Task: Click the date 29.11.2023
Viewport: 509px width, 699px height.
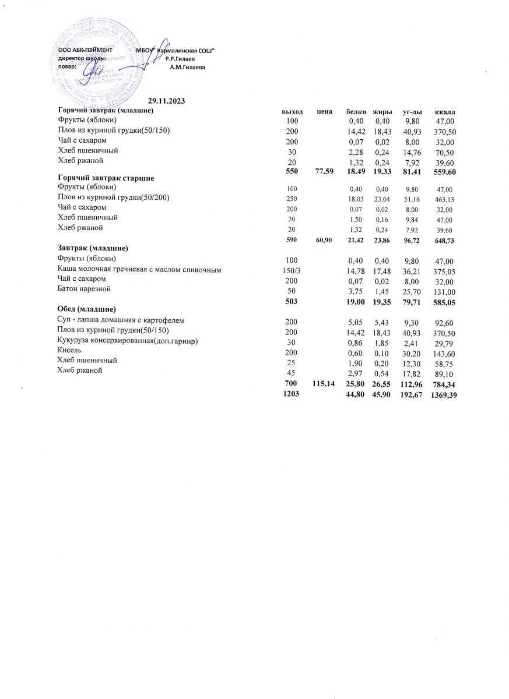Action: coord(166,102)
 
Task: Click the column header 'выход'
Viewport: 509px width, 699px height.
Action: coord(292,111)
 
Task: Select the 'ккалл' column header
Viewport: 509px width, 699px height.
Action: coord(445,111)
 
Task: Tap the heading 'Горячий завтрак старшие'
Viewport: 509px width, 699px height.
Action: coord(110,177)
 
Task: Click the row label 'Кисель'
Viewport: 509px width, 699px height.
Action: coord(69,350)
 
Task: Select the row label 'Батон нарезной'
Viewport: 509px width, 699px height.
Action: coord(84,288)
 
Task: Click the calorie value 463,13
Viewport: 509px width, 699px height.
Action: coord(445,199)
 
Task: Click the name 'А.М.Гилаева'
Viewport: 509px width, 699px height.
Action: coord(187,68)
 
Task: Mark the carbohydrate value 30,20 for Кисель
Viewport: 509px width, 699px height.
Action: coord(412,351)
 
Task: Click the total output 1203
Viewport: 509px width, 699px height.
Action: coord(291,396)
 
